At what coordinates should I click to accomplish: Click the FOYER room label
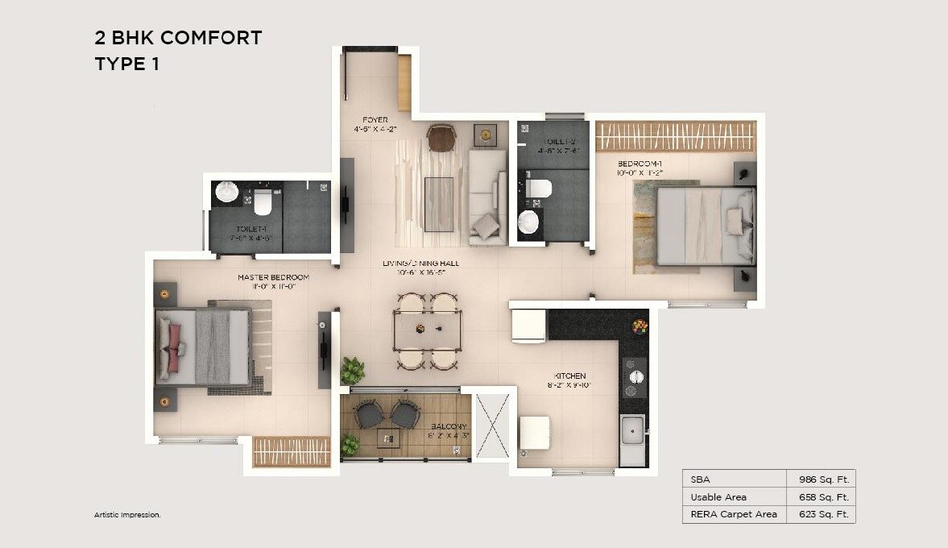(x=375, y=120)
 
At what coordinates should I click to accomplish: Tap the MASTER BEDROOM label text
(x=273, y=277)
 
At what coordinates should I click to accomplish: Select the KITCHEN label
(x=569, y=376)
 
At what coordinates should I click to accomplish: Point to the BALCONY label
(x=449, y=426)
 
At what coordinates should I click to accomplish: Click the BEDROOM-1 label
(x=640, y=163)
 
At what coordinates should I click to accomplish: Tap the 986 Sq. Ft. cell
(x=821, y=479)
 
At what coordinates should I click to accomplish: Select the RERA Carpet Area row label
(x=734, y=514)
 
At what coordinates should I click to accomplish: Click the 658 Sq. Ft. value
(x=821, y=497)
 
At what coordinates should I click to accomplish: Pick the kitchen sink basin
(x=632, y=430)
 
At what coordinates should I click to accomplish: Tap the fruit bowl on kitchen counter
(x=640, y=326)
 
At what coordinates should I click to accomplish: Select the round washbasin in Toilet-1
(x=227, y=192)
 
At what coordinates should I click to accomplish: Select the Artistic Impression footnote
(x=127, y=514)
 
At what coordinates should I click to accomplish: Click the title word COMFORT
(x=212, y=38)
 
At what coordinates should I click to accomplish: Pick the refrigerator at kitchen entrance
(x=529, y=326)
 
